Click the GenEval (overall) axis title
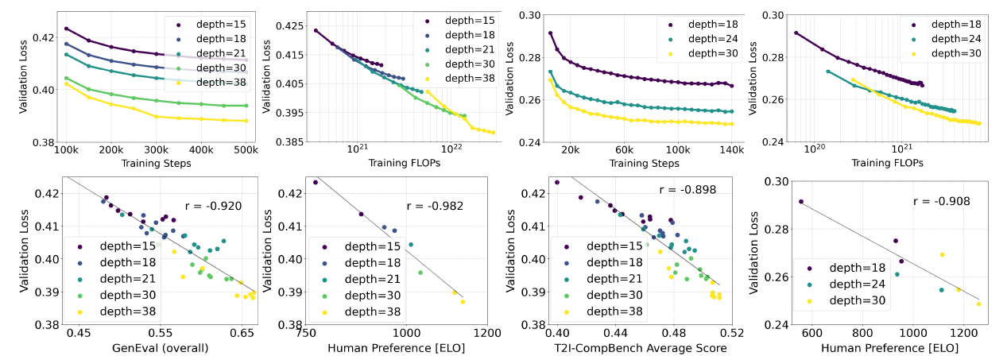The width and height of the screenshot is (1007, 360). click(160, 346)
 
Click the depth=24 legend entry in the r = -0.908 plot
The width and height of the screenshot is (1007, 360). click(852, 285)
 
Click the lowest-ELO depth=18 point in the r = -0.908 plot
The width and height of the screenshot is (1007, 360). click(800, 201)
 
